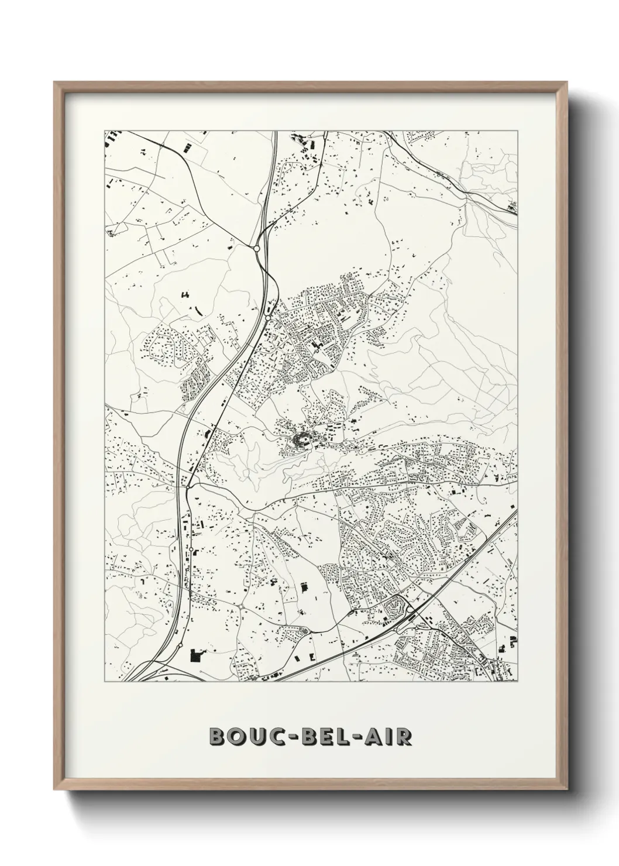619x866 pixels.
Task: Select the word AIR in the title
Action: (386, 737)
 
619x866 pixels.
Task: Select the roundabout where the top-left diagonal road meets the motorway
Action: (256, 249)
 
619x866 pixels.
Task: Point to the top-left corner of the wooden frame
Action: (55, 83)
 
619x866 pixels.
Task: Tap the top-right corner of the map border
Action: (518, 130)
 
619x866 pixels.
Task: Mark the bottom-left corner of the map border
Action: (104, 682)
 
